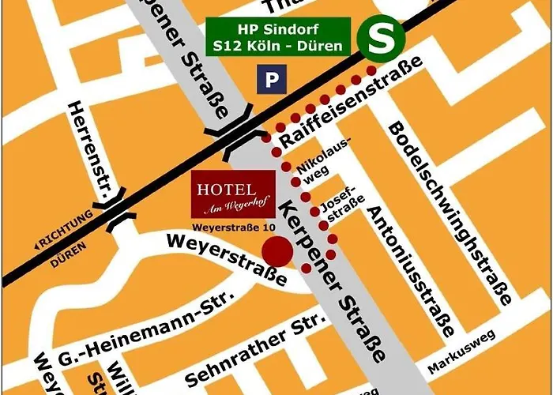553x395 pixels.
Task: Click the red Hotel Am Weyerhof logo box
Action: pos(234,194)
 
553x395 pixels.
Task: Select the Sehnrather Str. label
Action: pos(265,341)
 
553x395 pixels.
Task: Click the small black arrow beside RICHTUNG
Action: pos(37,246)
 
